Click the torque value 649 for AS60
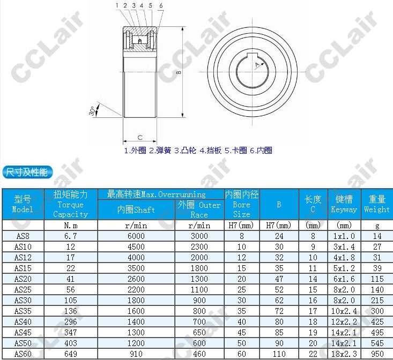pyautogui.click(x=71, y=354)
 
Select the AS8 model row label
pyautogui.click(x=23, y=236)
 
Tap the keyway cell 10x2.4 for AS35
pyautogui.click(x=344, y=311)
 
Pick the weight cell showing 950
pyautogui.click(x=377, y=354)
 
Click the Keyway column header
pyautogui.click(x=344, y=204)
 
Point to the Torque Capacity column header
pyautogui.click(x=71, y=204)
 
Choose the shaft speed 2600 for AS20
pyautogui.click(x=136, y=279)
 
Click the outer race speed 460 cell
pyautogui.click(x=199, y=354)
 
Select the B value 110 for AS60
pyautogui.click(x=279, y=354)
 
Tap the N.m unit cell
pyautogui.click(x=71, y=226)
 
